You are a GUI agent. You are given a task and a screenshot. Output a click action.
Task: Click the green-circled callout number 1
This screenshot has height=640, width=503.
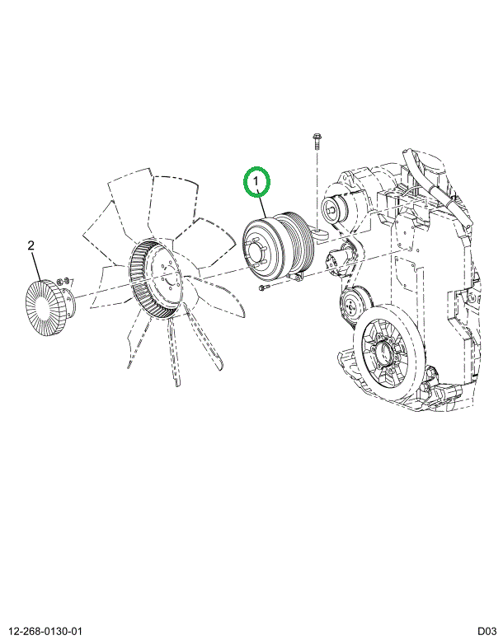coord(256,182)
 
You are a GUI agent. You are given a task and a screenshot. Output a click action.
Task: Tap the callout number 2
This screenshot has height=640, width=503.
coord(31,245)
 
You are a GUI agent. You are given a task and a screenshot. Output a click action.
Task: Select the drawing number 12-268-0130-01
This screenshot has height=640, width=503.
coord(45,632)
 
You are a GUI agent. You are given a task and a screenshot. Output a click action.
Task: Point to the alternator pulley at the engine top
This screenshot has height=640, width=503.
coord(335,210)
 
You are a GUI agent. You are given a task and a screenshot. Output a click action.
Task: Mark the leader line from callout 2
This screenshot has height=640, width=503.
coord(36,266)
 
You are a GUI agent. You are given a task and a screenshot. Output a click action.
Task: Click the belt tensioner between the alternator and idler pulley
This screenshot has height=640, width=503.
coord(339,256)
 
